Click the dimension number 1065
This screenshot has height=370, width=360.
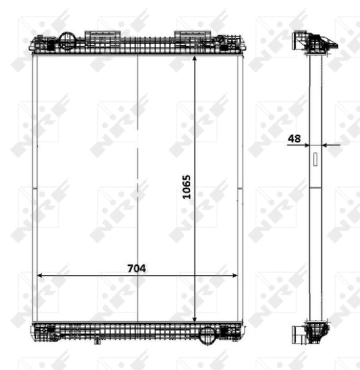187,186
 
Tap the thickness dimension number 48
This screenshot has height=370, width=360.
295,139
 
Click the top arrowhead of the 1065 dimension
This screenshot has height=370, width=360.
195,59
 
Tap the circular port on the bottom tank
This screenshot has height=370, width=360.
208,334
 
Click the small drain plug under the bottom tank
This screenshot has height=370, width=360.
97,340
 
